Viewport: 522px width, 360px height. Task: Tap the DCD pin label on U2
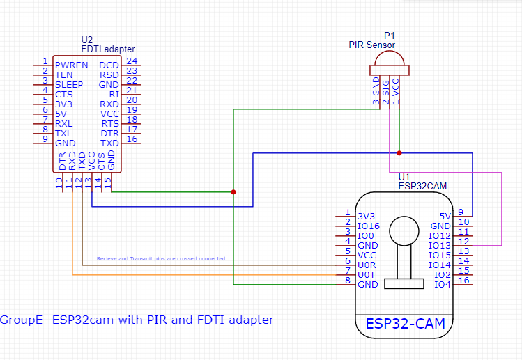(x=109, y=65)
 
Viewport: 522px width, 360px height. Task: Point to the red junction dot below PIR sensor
(x=399, y=152)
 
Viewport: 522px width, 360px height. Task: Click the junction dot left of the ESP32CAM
(x=233, y=192)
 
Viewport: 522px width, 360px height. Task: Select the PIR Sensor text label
(x=371, y=45)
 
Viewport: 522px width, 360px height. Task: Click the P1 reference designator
(x=389, y=36)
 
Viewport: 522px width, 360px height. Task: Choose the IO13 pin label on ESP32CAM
(x=439, y=245)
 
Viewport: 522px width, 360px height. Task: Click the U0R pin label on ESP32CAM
(x=367, y=265)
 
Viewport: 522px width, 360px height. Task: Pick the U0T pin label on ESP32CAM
(x=367, y=275)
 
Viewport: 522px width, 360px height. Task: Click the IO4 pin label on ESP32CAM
(x=443, y=284)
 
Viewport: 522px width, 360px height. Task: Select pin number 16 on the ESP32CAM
(x=464, y=281)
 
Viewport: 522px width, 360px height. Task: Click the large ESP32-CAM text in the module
(x=405, y=324)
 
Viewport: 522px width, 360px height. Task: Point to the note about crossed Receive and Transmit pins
(x=160, y=258)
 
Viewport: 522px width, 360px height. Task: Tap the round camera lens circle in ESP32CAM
(x=404, y=231)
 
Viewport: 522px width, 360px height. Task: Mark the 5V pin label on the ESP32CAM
(x=445, y=216)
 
